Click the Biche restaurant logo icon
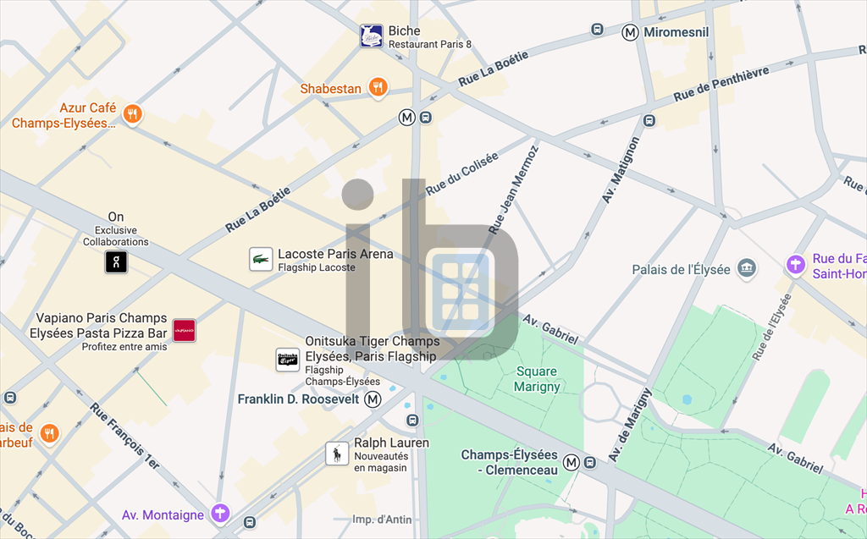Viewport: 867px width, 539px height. (x=371, y=36)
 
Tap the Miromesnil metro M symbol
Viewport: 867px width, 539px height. (x=630, y=32)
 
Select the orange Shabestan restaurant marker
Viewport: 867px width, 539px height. (x=378, y=87)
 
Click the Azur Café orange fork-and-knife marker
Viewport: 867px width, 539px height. (x=131, y=114)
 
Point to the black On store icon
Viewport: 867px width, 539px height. (x=116, y=261)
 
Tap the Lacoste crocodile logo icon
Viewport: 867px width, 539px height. (x=261, y=260)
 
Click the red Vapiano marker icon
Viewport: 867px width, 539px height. (x=184, y=331)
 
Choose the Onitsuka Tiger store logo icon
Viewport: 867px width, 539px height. (x=288, y=360)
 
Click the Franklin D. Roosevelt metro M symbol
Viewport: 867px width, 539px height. (x=372, y=399)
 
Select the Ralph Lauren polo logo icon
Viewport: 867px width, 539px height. (x=337, y=454)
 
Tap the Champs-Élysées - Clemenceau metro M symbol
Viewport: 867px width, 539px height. (x=572, y=462)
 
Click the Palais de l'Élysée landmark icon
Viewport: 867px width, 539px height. (x=746, y=269)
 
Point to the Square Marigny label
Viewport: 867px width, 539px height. (x=537, y=379)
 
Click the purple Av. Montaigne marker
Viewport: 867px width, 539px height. (x=220, y=513)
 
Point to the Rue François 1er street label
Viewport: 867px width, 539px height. (x=124, y=437)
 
